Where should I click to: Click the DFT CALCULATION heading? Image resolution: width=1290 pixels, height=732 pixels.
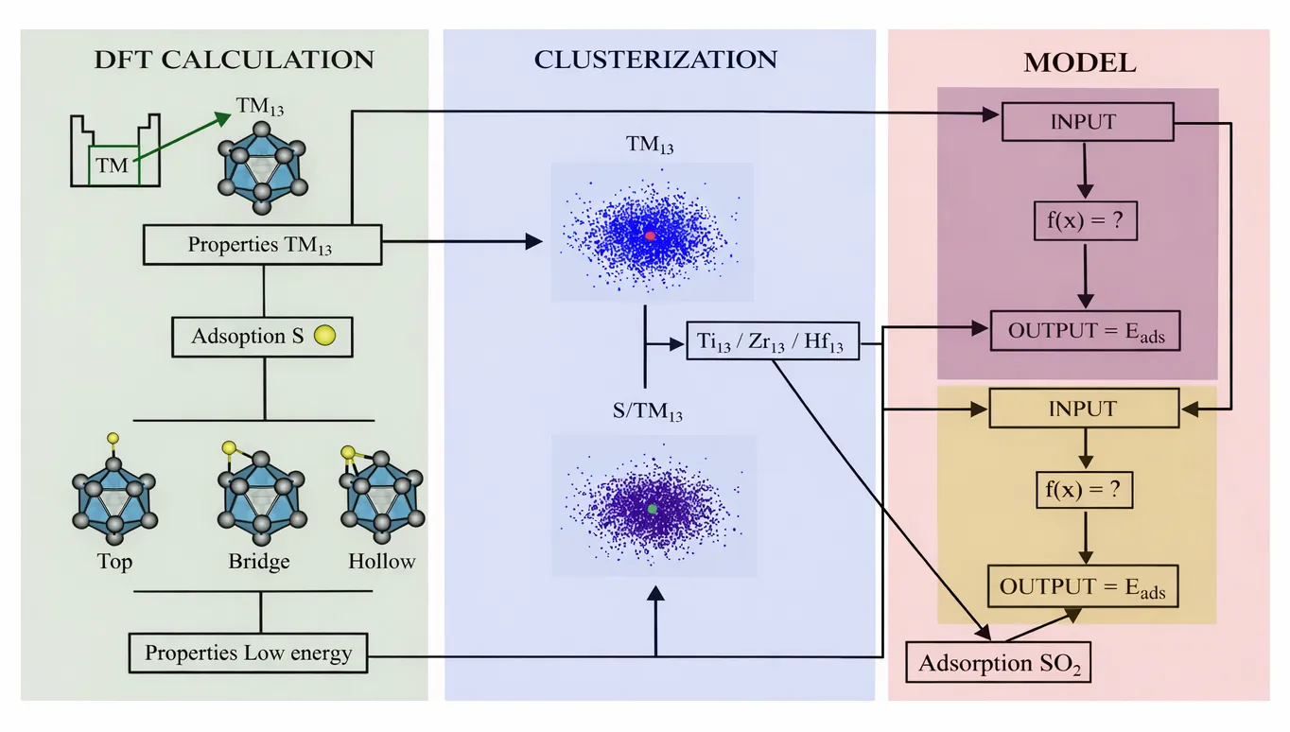(234, 60)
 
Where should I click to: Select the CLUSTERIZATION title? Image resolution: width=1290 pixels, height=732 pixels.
(655, 60)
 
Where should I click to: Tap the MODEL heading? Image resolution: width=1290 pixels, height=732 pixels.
(1079, 63)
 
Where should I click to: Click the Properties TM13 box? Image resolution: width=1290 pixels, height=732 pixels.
(262, 245)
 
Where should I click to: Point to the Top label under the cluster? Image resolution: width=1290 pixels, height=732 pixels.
(114, 562)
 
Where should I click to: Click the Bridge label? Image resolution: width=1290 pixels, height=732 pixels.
(258, 562)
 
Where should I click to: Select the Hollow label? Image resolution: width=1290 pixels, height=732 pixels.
(381, 562)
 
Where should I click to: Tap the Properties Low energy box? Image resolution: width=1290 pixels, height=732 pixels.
(248, 653)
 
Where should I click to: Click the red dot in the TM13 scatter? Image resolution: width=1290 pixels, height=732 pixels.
(650, 235)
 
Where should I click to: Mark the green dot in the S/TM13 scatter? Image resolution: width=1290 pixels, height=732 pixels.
(653, 509)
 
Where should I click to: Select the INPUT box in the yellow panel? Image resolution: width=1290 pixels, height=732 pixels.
(1082, 410)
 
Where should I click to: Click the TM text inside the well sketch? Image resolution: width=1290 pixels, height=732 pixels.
(112, 166)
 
